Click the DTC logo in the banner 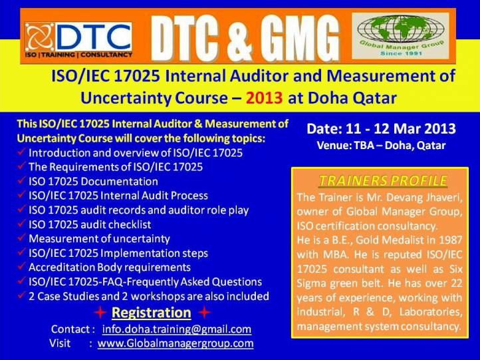[78, 40]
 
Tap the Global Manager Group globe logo [400, 36]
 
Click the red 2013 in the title [264, 98]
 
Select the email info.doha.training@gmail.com [177, 329]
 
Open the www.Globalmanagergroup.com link [176, 343]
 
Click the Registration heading [151, 313]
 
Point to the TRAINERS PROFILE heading [383, 180]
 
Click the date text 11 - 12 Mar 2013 [401, 128]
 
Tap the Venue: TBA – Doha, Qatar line [381, 145]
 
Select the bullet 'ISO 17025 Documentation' [93, 182]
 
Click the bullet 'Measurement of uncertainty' [99, 239]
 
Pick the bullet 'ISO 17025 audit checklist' [90, 224]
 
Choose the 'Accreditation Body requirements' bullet [110, 268]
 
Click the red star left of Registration [100, 313]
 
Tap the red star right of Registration [205, 313]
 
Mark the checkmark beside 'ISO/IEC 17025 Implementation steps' [21, 252]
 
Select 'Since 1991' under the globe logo [401, 53]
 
